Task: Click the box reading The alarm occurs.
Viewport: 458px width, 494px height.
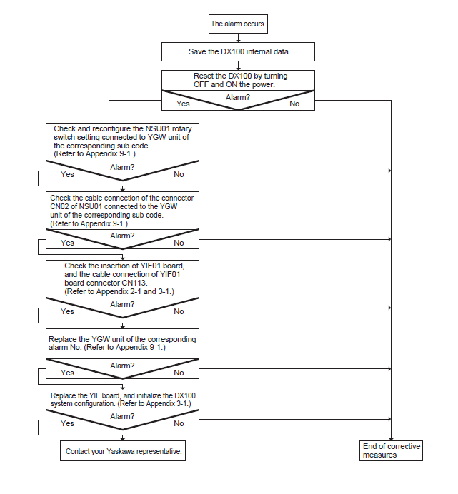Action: pyautogui.click(x=238, y=24)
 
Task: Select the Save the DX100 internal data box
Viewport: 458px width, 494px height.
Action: pyautogui.click(x=238, y=51)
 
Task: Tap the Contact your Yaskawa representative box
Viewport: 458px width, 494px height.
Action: pyautogui.click(x=123, y=451)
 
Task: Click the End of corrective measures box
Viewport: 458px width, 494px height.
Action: pyautogui.click(x=391, y=451)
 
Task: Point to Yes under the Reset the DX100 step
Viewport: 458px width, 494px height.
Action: pyautogui.click(x=183, y=104)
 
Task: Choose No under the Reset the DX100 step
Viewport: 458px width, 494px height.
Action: pyautogui.click(x=294, y=104)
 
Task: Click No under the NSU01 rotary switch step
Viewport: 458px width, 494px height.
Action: pyautogui.click(x=179, y=174)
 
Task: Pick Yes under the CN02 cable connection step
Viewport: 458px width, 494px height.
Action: pyautogui.click(x=67, y=243)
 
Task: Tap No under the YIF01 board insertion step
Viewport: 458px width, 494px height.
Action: pyautogui.click(x=179, y=311)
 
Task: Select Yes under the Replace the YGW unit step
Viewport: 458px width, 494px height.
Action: pyautogui.click(x=67, y=373)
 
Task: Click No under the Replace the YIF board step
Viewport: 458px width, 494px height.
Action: pyautogui.click(x=179, y=423)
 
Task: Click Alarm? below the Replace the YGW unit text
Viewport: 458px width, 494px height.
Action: pyautogui.click(x=122, y=366)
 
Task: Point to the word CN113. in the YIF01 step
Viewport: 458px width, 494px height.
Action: pyautogui.click(x=135, y=283)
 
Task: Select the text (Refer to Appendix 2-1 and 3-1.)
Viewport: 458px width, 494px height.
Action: pyautogui.click(x=119, y=291)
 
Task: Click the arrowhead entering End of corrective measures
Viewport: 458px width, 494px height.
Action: pyautogui.click(x=391, y=439)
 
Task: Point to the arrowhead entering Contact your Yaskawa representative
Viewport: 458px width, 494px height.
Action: pyautogui.click(x=123, y=439)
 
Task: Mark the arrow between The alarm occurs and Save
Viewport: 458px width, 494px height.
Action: pyautogui.click(x=238, y=38)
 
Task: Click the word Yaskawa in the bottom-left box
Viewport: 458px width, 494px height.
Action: pyautogui.click(x=119, y=451)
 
